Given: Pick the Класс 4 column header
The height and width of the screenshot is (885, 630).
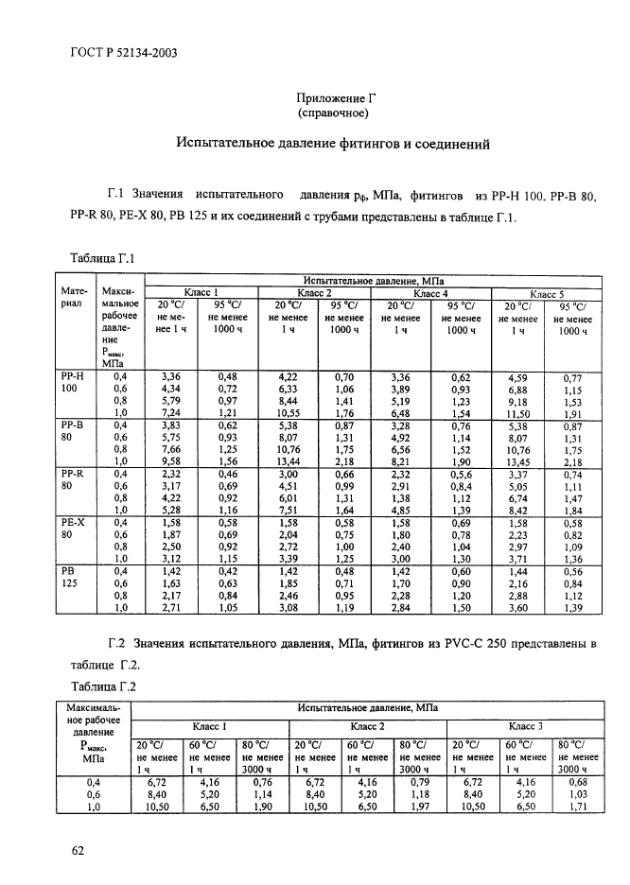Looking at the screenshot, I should click(x=430, y=293).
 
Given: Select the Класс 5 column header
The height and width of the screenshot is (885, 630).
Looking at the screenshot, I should click(x=547, y=294).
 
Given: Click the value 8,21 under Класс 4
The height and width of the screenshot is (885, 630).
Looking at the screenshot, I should click(x=401, y=461).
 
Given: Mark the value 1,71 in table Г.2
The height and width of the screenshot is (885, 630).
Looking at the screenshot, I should click(x=573, y=806).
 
